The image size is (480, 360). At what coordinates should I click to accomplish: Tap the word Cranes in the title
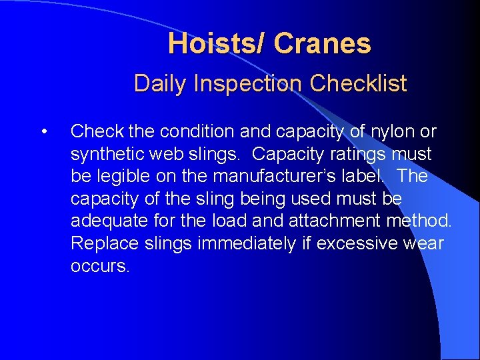click(322, 44)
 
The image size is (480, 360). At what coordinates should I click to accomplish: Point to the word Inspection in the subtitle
click(247, 84)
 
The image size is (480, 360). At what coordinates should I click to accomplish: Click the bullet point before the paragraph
click(44, 131)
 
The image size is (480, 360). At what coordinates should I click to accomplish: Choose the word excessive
click(356, 244)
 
